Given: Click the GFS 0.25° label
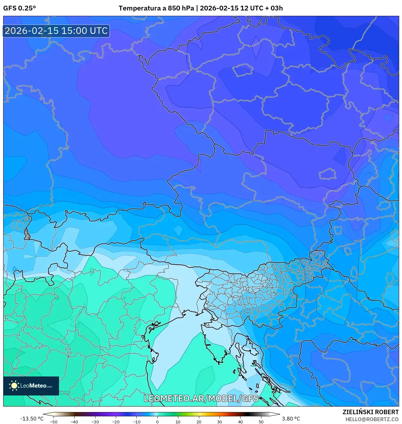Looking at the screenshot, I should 19,8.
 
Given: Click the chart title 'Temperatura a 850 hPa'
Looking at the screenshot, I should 156,8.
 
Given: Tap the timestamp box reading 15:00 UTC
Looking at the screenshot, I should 56,31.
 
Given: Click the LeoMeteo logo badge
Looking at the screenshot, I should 31,386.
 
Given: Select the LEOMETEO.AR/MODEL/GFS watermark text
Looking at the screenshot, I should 201,398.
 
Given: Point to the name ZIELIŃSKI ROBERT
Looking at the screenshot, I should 370,412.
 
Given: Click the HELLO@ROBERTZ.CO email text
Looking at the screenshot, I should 372,419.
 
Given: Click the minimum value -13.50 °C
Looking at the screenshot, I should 32,419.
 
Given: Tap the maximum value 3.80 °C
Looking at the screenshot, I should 291,419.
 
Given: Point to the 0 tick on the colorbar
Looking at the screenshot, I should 157,422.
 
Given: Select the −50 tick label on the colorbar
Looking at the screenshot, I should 54,422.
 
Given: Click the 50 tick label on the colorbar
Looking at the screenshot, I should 261,422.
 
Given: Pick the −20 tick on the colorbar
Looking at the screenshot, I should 116,422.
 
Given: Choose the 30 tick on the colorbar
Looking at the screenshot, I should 220,422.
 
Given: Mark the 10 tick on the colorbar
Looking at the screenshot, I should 178,422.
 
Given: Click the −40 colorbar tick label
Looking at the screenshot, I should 74,422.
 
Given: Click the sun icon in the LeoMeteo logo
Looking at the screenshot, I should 14,386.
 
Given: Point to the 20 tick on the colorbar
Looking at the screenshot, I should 199,422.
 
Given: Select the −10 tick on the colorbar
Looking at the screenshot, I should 136,422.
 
